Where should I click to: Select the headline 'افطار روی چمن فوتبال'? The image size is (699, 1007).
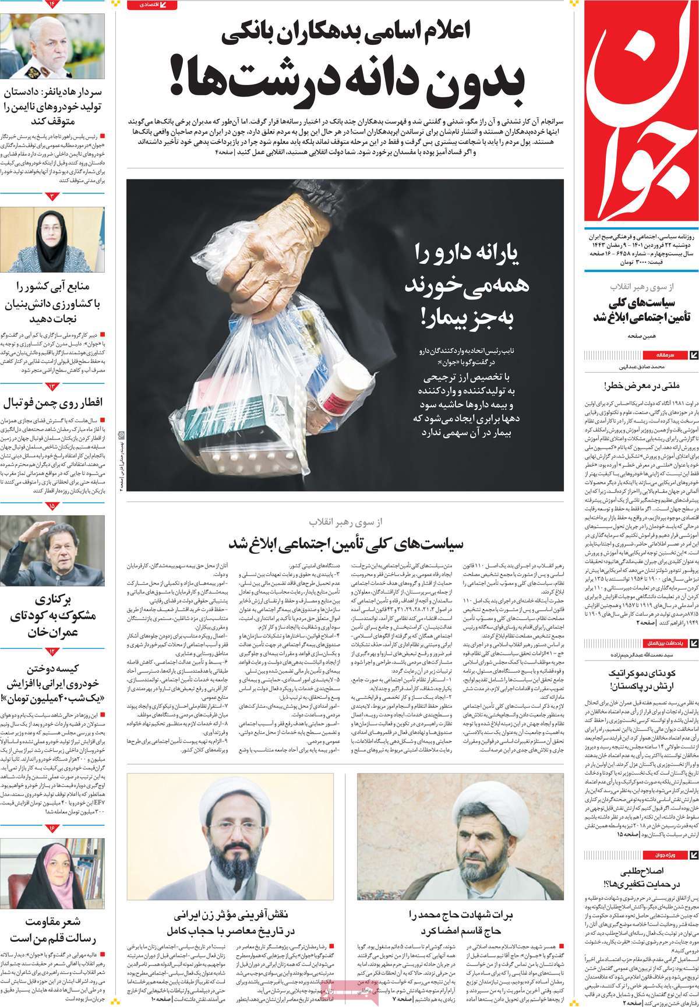(53, 404)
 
